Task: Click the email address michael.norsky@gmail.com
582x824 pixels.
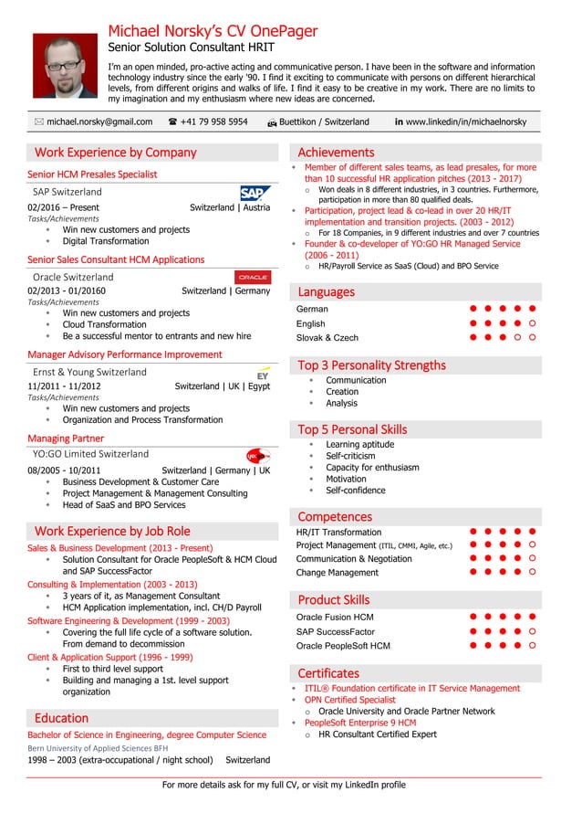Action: tap(99, 121)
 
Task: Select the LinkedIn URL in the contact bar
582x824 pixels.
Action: tap(466, 121)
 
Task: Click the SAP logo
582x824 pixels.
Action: tap(255, 193)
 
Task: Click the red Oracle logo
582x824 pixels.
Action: tap(253, 277)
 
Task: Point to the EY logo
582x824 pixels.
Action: tap(263, 373)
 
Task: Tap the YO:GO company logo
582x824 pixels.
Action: tap(258, 456)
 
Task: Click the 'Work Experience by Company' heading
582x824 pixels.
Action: tap(115, 153)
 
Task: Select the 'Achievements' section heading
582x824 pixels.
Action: tap(336, 153)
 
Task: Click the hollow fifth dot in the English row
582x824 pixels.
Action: tap(532, 323)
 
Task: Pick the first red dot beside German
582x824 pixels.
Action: tap(473, 309)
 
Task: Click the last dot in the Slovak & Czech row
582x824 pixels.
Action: tap(532, 338)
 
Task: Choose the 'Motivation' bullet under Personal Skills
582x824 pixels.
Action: tap(346, 479)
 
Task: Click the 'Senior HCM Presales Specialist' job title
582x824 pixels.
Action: tap(92, 174)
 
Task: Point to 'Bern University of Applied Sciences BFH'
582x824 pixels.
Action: tap(98, 747)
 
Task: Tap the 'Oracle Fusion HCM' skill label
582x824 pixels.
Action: tap(335, 618)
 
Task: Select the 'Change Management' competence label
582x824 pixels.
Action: tap(337, 573)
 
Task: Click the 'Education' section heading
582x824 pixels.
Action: tap(61, 718)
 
